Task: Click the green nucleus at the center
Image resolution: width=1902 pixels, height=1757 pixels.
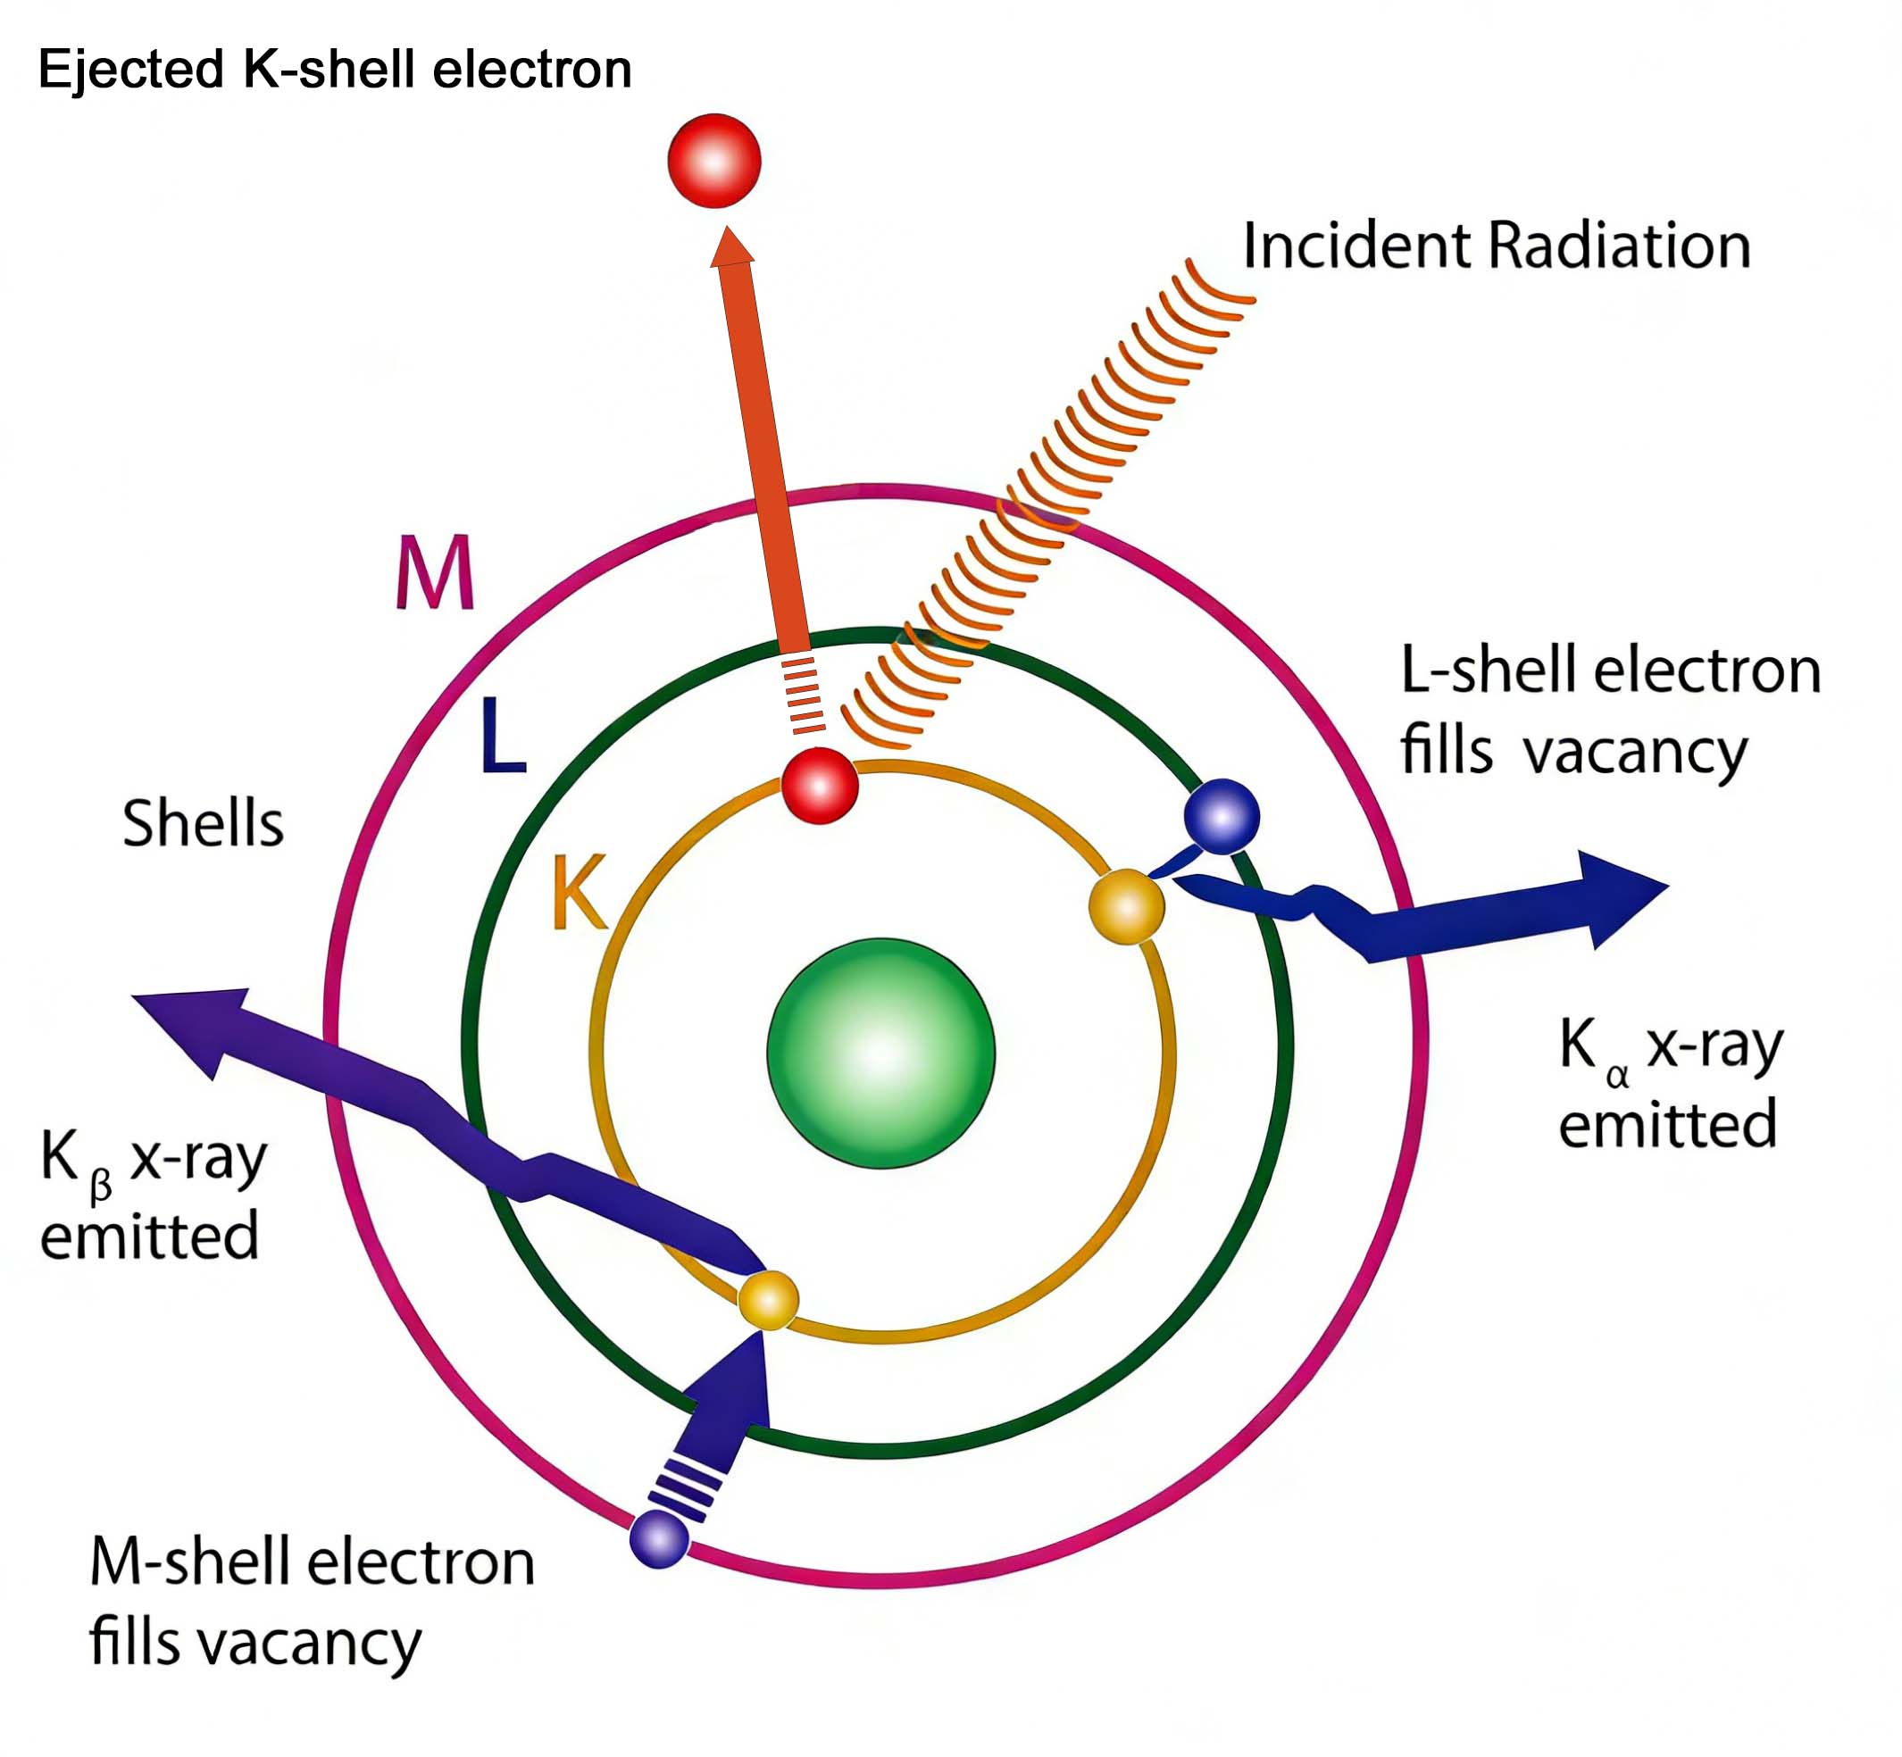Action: (880, 1053)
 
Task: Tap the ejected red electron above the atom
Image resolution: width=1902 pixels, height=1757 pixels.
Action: (714, 161)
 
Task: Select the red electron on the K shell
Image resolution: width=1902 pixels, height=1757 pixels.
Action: (819, 786)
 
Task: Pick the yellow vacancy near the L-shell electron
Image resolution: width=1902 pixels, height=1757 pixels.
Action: (1127, 906)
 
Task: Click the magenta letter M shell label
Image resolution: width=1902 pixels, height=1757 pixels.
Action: (435, 572)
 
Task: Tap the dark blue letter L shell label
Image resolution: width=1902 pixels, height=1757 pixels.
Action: (502, 735)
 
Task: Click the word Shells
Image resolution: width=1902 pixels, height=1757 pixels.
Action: (203, 823)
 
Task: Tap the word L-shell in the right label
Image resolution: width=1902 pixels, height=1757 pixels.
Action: (1489, 671)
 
